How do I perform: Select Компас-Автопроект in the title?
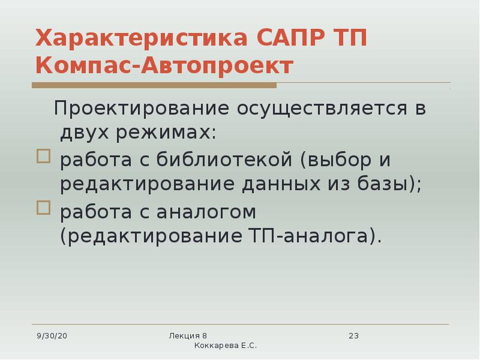(x=164, y=65)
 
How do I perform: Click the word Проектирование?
(x=145, y=109)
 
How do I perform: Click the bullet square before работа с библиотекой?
(x=43, y=157)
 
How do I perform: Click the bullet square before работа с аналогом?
(x=43, y=208)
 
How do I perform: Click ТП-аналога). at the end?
(x=314, y=235)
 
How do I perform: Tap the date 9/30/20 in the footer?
(x=52, y=336)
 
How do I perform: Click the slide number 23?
(x=353, y=336)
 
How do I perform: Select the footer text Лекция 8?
(x=188, y=336)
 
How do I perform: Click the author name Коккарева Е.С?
(x=226, y=346)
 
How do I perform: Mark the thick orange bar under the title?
(x=154, y=86)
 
